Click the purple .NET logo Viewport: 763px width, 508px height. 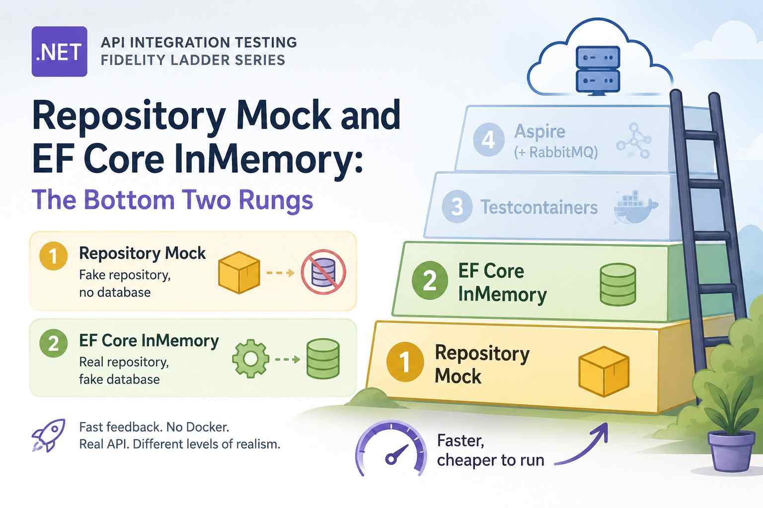pyautogui.click(x=59, y=52)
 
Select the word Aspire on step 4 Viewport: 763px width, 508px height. pyautogui.click(x=540, y=131)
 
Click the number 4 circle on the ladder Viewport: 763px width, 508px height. pyautogui.click(x=489, y=139)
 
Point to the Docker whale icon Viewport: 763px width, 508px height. pyautogui.click(x=635, y=207)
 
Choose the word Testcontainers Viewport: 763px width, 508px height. pyautogui.click(x=539, y=207)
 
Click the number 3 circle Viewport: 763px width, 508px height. pyautogui.click(x=457, y=206)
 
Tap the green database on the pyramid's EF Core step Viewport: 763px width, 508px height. pyautogui.click(x=617, y=284)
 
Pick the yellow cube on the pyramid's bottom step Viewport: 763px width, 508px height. pyautogui.click(x=604, y=372)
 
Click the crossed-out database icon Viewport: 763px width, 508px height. pyautogui.click(x=323, y=272)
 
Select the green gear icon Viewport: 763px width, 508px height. pyautogui.click(x=250, y=359)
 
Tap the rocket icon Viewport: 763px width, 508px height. pyautogui.click(x=48, y=435)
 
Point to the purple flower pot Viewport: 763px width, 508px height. pyautogui.click(x=731, y=451)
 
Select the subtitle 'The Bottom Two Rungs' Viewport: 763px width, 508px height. pyautogui.click(x=172, y=200)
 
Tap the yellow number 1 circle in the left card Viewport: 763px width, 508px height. pyautogui.click(x=54, y=256)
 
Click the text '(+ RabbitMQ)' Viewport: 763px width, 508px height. pyautogui.click(x=556, y=152)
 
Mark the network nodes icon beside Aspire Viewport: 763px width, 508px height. pyautogui.click(x=634, y=140)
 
